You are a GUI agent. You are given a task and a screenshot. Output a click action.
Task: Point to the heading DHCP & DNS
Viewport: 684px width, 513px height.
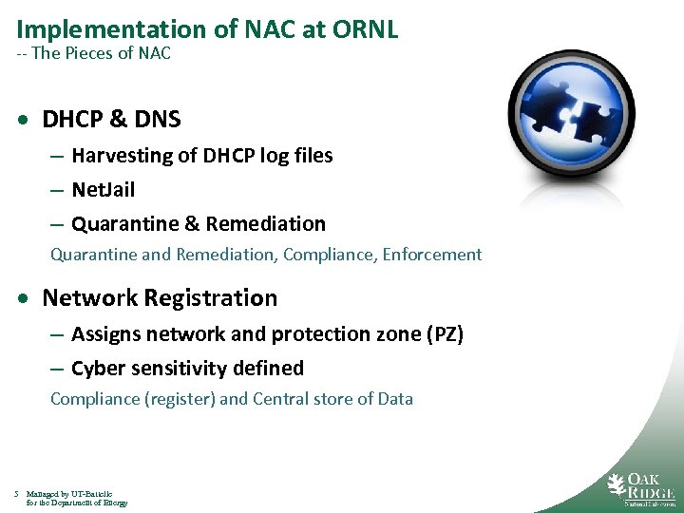click(x=111, y=120)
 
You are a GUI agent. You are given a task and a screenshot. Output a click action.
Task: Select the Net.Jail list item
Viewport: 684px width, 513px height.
click(x=103, y=190)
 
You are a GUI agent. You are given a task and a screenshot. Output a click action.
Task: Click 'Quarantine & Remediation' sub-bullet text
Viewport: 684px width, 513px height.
click(x=198, y=224)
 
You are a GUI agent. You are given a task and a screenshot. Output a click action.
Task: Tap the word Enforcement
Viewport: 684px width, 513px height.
click(x=432, y=255)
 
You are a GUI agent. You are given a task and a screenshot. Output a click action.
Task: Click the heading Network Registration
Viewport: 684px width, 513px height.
click(x=160, y=298)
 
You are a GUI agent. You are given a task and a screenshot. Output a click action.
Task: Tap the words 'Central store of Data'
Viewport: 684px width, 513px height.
click(x=333, y=399)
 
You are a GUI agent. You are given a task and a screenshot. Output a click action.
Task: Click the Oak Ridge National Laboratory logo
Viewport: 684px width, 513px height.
click(x=641, y=488)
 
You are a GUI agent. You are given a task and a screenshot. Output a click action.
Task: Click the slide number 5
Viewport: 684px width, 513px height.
click(x=17, y=494)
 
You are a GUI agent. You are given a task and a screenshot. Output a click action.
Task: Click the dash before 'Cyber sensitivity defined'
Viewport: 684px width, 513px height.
click(x=57, y=369)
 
